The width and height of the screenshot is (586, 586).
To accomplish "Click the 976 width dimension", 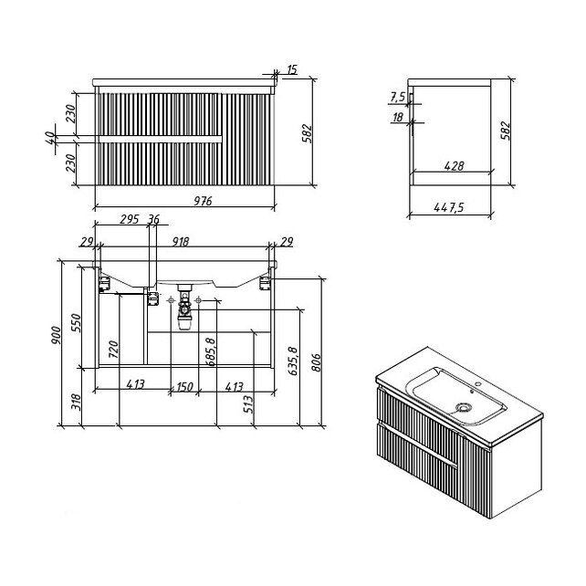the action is pos(203,201).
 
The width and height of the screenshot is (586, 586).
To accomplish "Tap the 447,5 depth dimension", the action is pos(449,207).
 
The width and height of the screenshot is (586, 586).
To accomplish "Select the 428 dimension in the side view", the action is pos(455,166).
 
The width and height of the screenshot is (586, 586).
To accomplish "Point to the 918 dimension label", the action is pos(181,242).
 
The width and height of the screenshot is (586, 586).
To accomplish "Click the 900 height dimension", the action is pos(56,335).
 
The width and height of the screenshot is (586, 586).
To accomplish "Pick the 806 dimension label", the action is pos(316,362).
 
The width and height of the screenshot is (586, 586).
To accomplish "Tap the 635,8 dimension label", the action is pos(293,361).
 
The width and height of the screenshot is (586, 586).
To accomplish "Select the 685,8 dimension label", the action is pos(211,351).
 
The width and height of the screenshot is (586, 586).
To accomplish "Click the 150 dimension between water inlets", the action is pos(184,386).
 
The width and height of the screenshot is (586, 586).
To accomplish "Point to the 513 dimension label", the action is pos(248,404).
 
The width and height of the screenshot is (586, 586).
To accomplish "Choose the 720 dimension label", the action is pos(113,349).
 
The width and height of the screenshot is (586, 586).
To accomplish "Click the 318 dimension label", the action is pos(77,403).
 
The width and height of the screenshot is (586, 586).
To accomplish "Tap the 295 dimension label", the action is pos(130,219).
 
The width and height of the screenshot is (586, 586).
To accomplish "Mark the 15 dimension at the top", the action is pos(292,69).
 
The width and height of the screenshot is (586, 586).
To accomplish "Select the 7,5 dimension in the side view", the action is pos(398,97).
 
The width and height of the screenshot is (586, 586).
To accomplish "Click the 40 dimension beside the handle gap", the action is pos(49,139).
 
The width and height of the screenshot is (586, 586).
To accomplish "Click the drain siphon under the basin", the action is pos(183,308).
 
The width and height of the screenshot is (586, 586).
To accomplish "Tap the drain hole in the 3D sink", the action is pos(465,407).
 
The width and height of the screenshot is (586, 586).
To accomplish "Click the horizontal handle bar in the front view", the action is pos(161,139).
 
